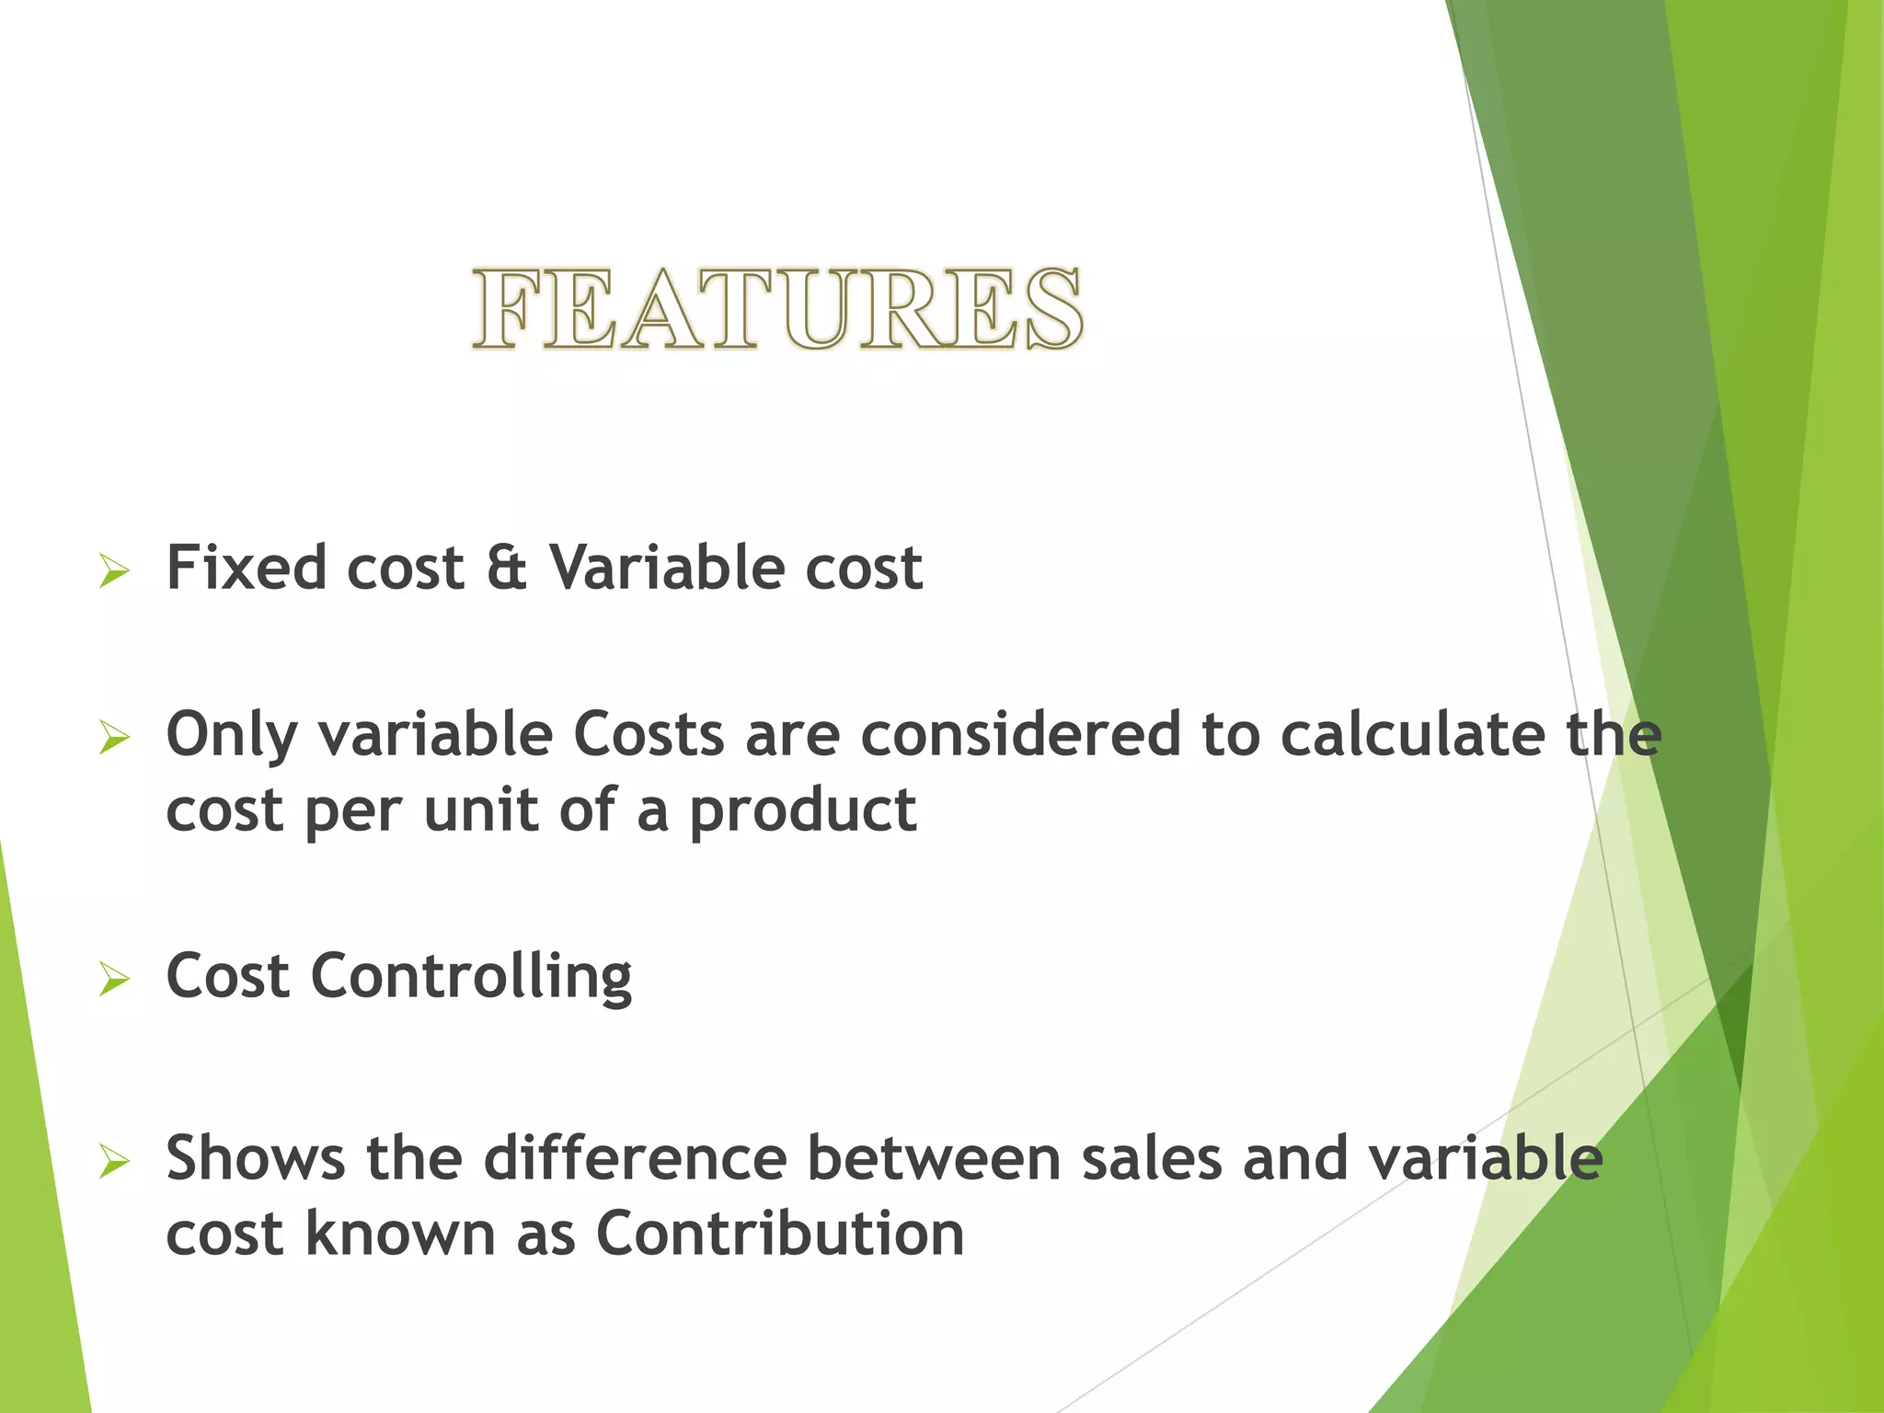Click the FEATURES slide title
click(777, 310)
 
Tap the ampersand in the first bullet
click(506, 568)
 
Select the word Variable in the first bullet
click(666, 568)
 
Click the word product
click(802, 812)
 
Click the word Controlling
click(471, 978)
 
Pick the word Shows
click(255, 1158)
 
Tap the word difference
click(635, 1158)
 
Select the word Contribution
click(780, 1234)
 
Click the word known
click(400, 1234)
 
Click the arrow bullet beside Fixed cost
click(114, 572)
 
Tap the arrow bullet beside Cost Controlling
click(114, 981)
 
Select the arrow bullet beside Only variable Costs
click(114, 739)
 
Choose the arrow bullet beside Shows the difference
click(114, 1163)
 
